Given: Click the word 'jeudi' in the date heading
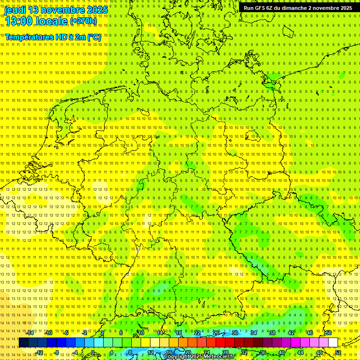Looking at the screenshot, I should click(x=15, y=10).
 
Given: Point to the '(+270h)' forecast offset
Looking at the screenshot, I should click(x=83, y=21).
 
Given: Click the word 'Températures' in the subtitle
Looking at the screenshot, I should click(x=29, y=37).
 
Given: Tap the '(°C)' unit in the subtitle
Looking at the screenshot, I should click(x=94, y=37).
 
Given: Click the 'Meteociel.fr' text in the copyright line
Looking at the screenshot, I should click(x=217, y=357).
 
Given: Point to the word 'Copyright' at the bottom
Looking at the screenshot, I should click(x=178, y=357).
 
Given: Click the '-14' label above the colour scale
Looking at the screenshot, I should click(x=30, y=333).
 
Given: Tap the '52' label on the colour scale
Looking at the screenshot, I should click(x=338, y=352).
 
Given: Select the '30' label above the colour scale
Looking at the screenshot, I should click(x=234, y=333).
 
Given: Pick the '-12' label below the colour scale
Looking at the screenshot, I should click(x=39, y=352).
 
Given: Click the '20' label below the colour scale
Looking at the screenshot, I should click(x=188, y=352).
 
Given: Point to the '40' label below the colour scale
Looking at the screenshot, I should click(x=282, y=352).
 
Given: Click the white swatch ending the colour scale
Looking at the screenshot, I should click(x=333, y=343).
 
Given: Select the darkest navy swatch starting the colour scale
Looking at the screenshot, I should click(x=23, y=343).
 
